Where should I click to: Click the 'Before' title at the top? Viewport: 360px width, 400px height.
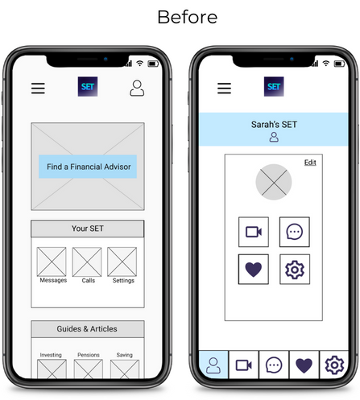coord(187,17)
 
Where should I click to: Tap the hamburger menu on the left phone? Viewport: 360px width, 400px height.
coord(38,89)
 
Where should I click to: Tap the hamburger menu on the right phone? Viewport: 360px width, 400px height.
coord(224,89)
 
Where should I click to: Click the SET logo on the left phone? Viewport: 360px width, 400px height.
coord(88,86)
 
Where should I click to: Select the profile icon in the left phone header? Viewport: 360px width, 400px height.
coord(137,88)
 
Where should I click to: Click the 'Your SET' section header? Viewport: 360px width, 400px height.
coord(88,229)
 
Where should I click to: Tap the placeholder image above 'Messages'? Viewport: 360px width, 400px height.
coord(52,262)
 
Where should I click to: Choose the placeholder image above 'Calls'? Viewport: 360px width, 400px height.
coord(87,262)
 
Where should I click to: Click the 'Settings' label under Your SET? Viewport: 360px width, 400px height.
coord(123,280)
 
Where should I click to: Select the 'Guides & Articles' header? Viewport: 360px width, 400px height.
coord(88,329)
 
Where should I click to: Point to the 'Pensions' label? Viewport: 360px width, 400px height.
coord(89,355)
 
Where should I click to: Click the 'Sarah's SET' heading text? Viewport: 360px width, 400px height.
coord(274,125)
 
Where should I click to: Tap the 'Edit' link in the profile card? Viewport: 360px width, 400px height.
coord(310,163)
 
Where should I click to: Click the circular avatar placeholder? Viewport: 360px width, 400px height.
coord(274,182)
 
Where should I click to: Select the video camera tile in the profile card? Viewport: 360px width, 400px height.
coord(254,232)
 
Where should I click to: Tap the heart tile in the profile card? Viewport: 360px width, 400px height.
coord(254,269)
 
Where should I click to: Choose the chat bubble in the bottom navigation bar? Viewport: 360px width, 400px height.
coord(274,365)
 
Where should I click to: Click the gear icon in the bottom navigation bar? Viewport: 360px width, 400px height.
coord(334,365)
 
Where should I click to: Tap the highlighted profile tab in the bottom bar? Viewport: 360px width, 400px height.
coord(213,365)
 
